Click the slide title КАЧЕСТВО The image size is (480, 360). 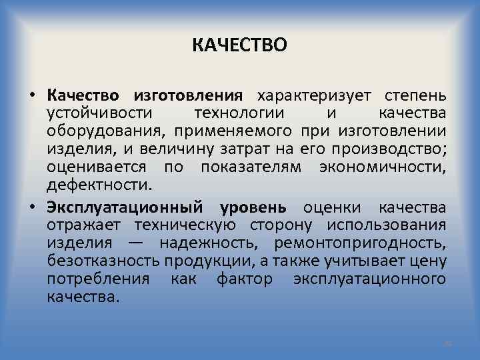240,45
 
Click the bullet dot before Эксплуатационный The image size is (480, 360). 33,207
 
